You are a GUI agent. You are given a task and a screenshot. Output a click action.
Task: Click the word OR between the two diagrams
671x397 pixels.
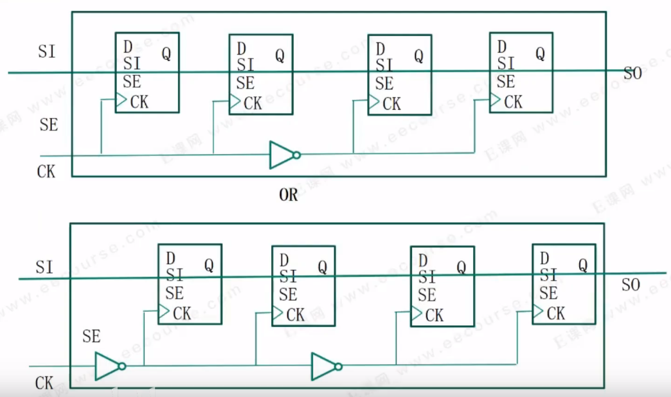point(289,195)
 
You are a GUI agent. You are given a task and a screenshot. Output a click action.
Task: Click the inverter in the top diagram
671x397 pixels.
point(283,155)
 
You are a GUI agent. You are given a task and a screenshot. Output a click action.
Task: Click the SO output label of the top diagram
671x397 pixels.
point(632,74)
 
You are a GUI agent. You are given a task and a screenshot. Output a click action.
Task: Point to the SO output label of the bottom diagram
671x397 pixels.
point(631,285)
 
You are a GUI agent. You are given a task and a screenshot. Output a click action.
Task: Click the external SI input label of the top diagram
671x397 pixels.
point(46,52)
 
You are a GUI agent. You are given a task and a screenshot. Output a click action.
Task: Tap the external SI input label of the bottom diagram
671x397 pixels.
point(44,267)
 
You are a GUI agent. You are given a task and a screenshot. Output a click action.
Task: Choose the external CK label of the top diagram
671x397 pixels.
point(46,172)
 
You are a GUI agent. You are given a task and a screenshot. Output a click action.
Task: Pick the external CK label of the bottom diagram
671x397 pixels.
point(44,384)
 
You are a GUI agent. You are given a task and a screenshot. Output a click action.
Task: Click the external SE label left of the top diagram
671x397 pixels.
point(48,125)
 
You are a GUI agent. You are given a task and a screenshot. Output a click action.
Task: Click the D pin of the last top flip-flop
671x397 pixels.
point(502,47)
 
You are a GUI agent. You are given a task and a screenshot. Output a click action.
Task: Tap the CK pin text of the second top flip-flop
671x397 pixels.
point(253,103)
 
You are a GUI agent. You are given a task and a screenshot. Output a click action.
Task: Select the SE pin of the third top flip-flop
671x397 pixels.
point(384,84)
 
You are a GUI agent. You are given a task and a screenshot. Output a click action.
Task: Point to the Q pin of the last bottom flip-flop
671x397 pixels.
point(582,265)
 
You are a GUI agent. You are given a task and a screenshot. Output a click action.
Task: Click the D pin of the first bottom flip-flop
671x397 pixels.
point(170,258)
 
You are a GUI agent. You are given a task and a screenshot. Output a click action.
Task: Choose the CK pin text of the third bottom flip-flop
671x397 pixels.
point(434,315)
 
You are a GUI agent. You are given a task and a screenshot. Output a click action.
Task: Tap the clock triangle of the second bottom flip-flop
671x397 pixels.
point(278,313)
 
